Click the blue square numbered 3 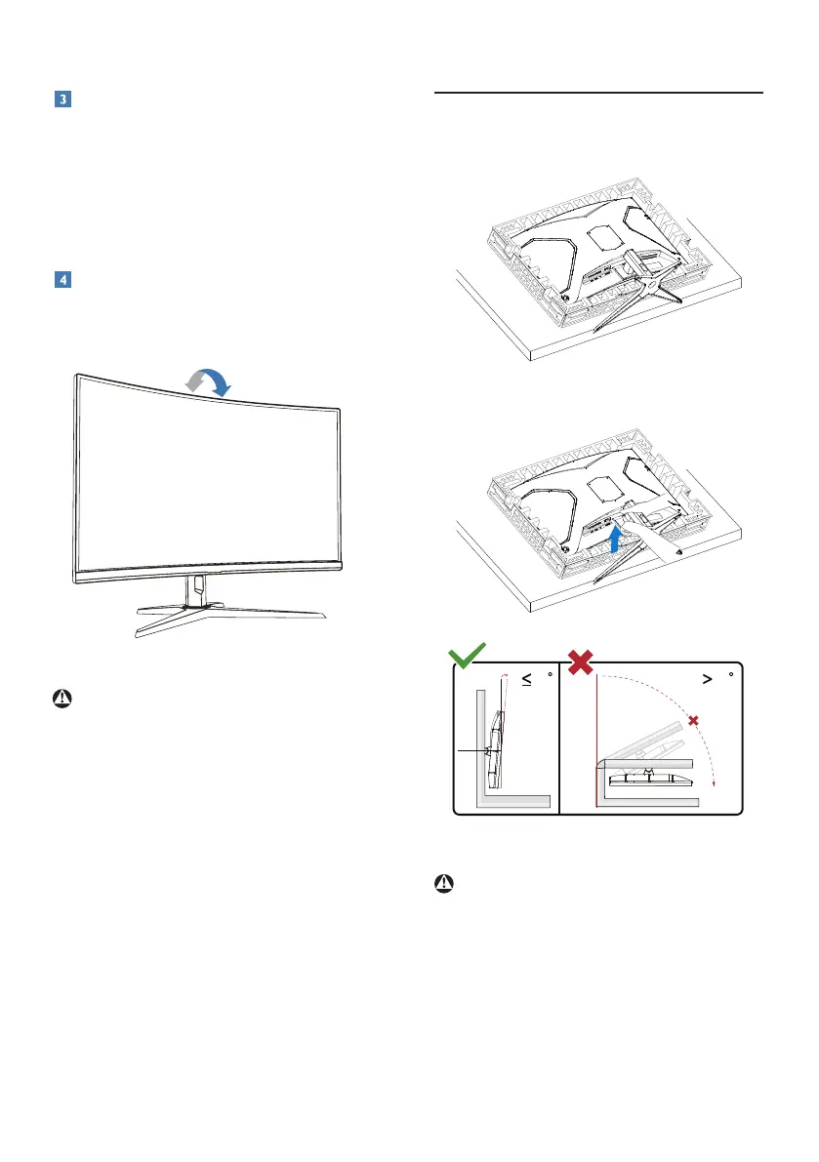[61, 101]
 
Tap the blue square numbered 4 [61, 280]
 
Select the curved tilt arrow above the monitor [209, 381]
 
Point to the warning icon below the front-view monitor [61, 700]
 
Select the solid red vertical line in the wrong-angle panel [594, 741]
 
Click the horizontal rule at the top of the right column [596, 93]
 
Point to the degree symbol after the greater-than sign [729, 671]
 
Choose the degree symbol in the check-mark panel [551, 671]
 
